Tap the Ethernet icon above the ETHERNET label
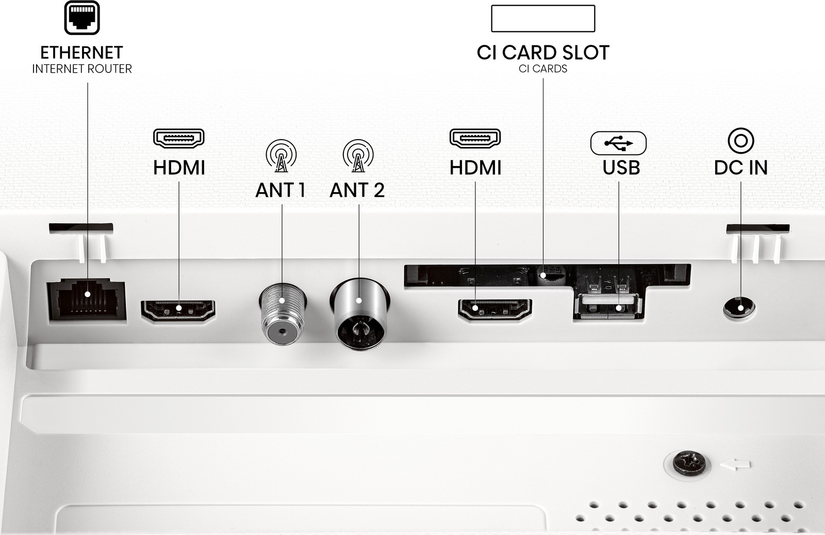tap(82, 18)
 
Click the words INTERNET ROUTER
tap(82, 69)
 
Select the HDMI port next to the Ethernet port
tap(178, 310)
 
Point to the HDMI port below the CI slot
tap(495, 309)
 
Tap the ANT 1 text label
tap(280, 190)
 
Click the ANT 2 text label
tap(357, 190)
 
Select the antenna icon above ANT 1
tap(281, 155)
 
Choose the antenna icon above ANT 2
tap(358, 155)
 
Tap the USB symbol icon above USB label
tap(618, 143)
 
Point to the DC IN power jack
tap(739, 309)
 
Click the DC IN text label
tap(740, 168)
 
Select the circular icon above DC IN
tap(740, 140)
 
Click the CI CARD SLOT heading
tap(543, 53)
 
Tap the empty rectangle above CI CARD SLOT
tap(543, 19)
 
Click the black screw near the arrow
tap(689, 462)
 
